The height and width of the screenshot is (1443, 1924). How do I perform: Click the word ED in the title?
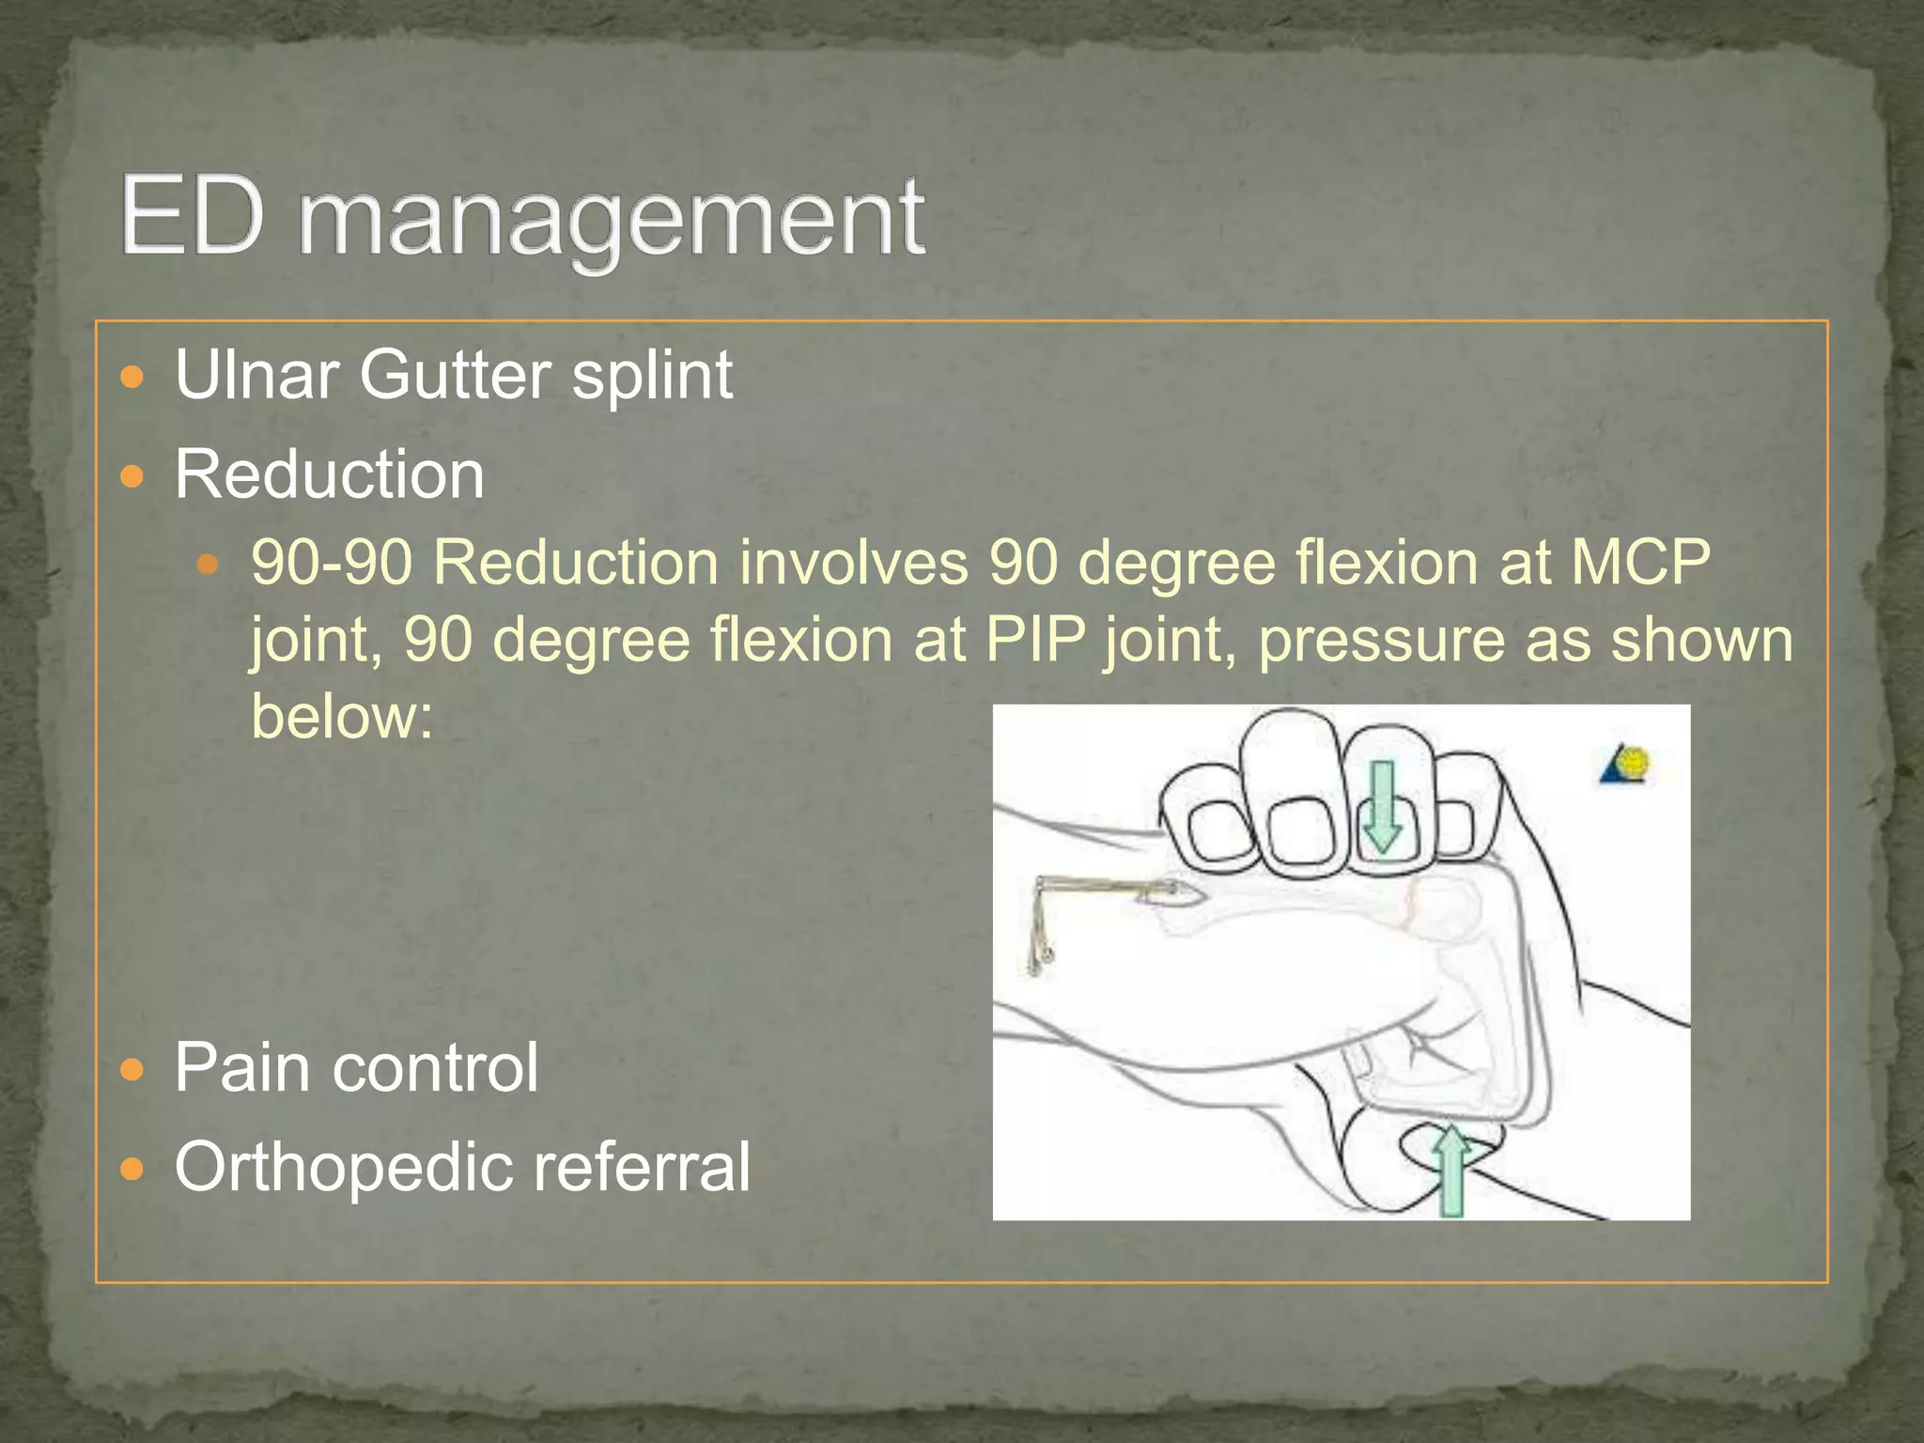pyautogui.click(x=193, y=218)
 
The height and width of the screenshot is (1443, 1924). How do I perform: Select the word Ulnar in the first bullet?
pyautogui.click(x=256, y=376)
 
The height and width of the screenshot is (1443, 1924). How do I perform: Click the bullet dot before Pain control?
pyautogui.click(x=133, y=1069)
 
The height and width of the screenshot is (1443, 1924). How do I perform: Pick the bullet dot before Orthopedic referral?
pyautogui.click(x=133, y=1169)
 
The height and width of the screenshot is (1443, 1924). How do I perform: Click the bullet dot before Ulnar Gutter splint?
pyautogui.click(x=133, y=378)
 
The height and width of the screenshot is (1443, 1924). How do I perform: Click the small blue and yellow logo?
pyautogui.click(x=1625, y=765)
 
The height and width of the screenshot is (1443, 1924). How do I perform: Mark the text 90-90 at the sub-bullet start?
pyautogui.click(x=332, y=564)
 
